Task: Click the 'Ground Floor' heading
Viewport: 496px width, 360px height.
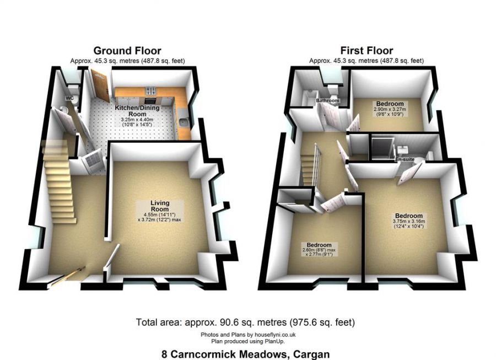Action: [x=127, y=51]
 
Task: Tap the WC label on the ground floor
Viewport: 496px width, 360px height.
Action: [x=69, y=98]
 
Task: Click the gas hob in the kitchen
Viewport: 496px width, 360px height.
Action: [x=152, y=92]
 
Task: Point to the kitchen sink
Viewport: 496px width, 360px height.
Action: [x=182, y=122]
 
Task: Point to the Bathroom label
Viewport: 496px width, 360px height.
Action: [x=327, y=101]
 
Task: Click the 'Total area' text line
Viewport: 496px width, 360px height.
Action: [x=245, y=322]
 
